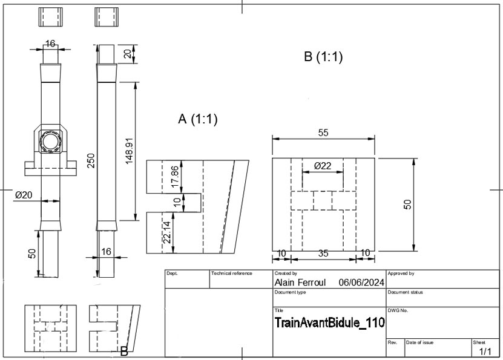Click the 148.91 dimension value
pyautogui.click(x=130, y=151)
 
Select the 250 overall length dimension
pyautogui.click(x=91, y=160)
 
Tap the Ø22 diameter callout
pyautogui.click(x=323, y=166)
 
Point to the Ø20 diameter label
pyautogui.click(x=24, y=195)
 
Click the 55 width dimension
pyautogui.click(x=323, y=133)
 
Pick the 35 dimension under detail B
pyautogui.click(x=323, y=254)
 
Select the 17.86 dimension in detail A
pyautogui.click(x=175, y=177)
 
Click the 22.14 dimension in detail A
pyautogui.click(x=167, y=232)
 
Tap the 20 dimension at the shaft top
pyautogui.click(x=128, y=54)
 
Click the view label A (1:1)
pyautogui.click(x=198, y=119)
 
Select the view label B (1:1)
pyautogui.click(x=323, y=57)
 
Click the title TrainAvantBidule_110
pyautogui.click(x=330, y=322)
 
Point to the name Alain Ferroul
pyautogui.click(x=300, y=283)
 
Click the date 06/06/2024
pyautogui.click(x=361, y=283)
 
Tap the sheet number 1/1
pyautogui.click(x=485, y=352)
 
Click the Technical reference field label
pyautogui.click(x=232, y=273)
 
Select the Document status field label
pyautogui.click(x=405, y=292)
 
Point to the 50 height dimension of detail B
pyautogui.click(x=407, y=205)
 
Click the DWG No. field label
pyautogui.click(x=398, y=310)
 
